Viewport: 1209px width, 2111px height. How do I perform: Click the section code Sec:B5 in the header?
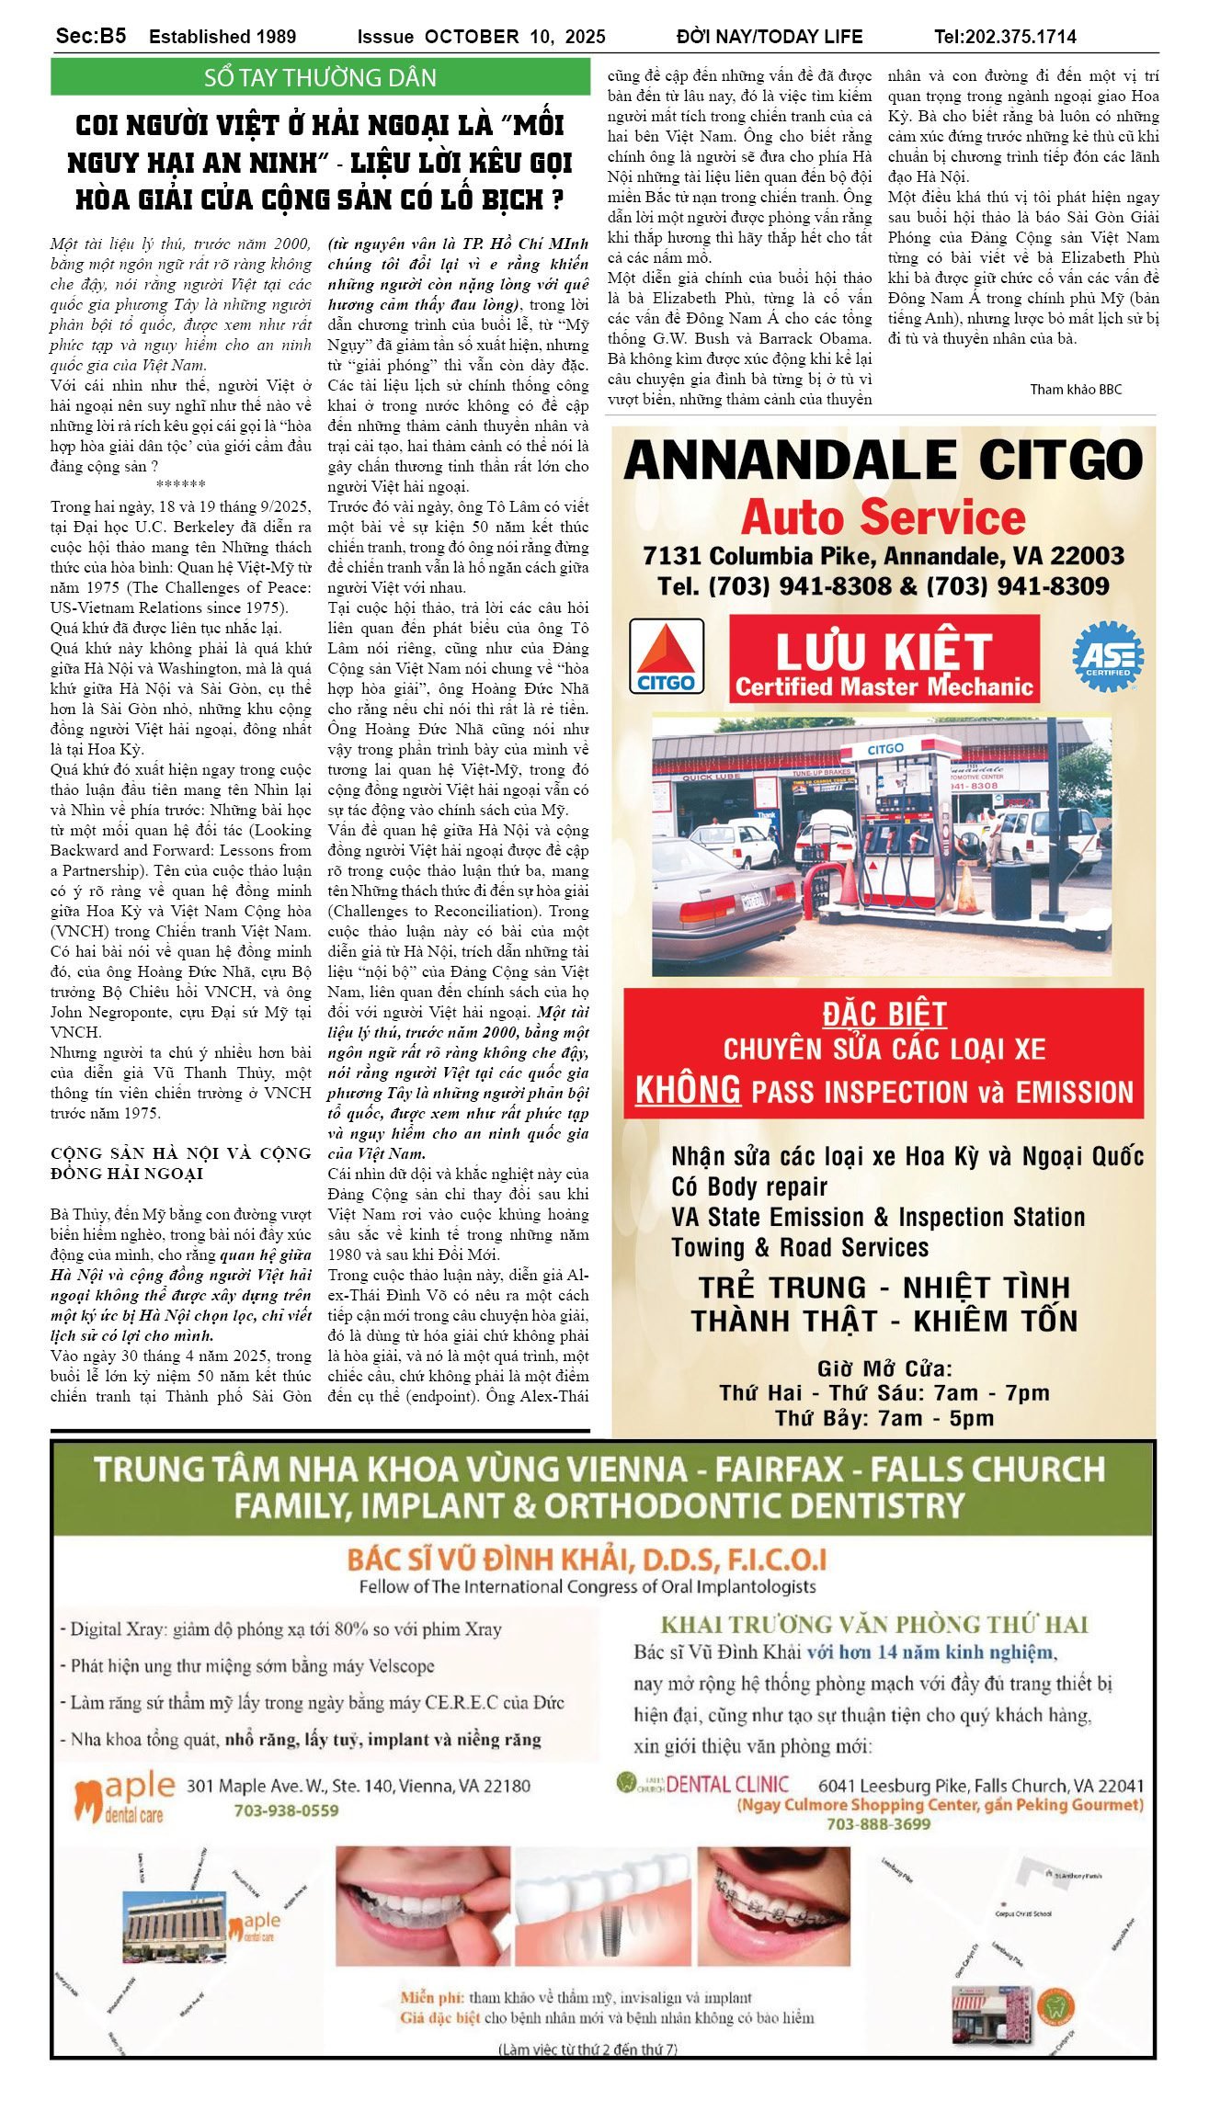(90, 36)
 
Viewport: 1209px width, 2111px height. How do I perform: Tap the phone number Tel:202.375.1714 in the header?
(1005, 37)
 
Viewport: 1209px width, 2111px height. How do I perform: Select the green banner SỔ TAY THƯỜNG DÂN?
(320, 77)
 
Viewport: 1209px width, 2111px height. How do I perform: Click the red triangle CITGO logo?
(666, 655)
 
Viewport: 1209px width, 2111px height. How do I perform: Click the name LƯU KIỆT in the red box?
(884, 651)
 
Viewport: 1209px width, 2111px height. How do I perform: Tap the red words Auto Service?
(883, 517)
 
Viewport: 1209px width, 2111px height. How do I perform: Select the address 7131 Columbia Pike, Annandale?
(883, 556)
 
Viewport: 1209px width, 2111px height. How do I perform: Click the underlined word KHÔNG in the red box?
(688, 1090)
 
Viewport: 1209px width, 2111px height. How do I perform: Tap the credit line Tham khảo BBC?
(1075, 390)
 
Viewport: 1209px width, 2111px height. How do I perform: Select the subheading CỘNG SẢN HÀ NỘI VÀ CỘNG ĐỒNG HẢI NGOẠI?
(180, 1163)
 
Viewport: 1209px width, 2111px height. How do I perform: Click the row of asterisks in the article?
(180, 484)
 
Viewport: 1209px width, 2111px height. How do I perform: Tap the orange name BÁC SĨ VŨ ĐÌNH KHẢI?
(587, 1560)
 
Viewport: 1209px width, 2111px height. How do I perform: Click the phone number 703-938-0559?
(286, 1810)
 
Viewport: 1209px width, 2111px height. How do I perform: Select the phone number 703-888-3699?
(878, 1823)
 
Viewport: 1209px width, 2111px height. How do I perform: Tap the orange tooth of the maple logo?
(87, 1799)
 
